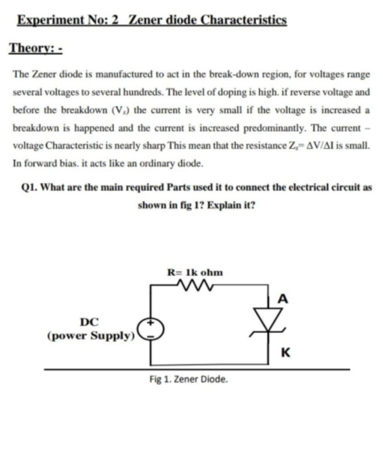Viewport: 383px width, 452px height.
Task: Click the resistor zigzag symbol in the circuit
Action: (195, 286)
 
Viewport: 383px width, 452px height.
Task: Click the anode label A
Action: (283, 300)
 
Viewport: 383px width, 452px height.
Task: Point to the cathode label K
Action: (285, 353)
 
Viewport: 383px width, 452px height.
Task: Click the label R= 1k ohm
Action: (195, 272)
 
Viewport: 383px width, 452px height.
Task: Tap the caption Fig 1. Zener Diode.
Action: (189, 379)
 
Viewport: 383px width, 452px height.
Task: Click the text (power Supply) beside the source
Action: (90, 335)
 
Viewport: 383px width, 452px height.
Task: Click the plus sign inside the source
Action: (151, 323)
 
